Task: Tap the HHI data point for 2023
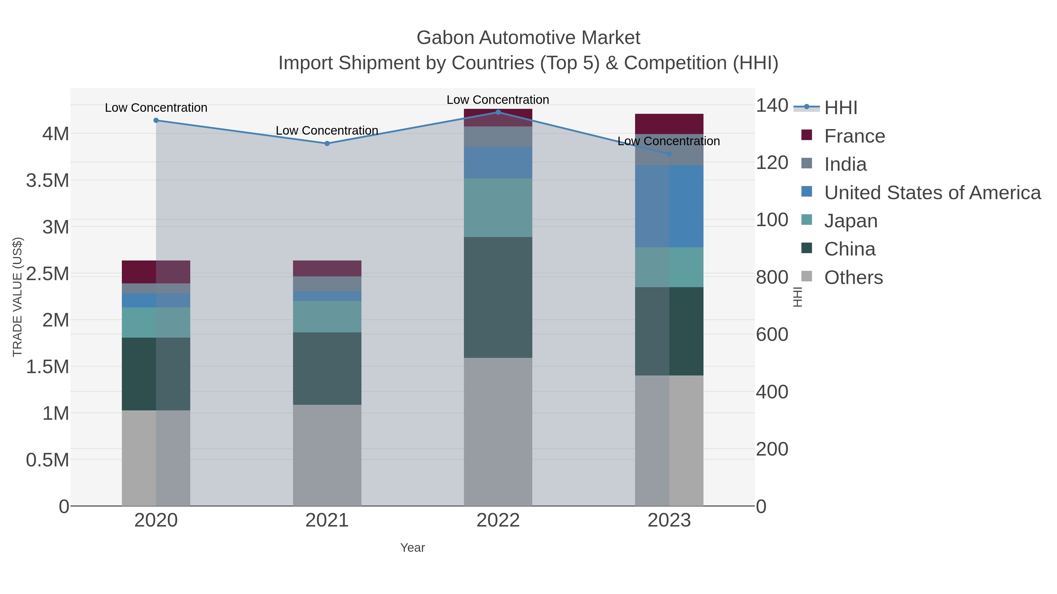tap(669, 154)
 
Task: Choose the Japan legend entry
tap(850, 221)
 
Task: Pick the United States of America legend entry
tap(931, 193)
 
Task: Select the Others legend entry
tap(853, 277)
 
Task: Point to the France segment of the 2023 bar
tap(669, 124)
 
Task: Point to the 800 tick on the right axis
tap(771, 277)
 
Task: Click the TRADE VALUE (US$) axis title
tap(17, 297)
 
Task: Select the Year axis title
tap(413, 548)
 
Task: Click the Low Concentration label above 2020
tap(156, 108)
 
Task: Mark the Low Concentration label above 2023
tap(669, 141)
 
